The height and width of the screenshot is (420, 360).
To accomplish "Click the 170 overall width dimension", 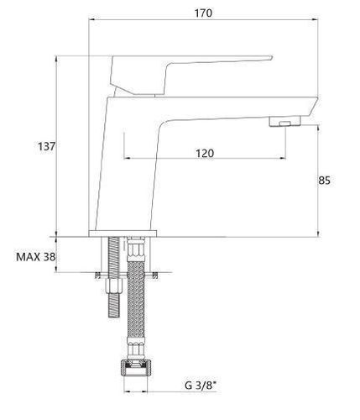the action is coord(204,13).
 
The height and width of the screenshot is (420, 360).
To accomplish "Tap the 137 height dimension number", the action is coord(47,146).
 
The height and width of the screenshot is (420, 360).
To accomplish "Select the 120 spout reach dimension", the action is coord(205,153).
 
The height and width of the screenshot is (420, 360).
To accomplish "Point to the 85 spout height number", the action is coord(324,181).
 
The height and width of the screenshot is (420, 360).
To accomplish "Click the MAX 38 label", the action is coord(36,257).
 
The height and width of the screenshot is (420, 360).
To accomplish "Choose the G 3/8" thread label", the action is coord(201,386).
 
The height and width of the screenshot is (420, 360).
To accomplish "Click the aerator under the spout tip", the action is coord(284,122).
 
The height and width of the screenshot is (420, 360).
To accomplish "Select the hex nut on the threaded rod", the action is coord(113,288).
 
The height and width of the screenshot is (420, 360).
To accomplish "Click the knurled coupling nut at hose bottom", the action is coord(136,369).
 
